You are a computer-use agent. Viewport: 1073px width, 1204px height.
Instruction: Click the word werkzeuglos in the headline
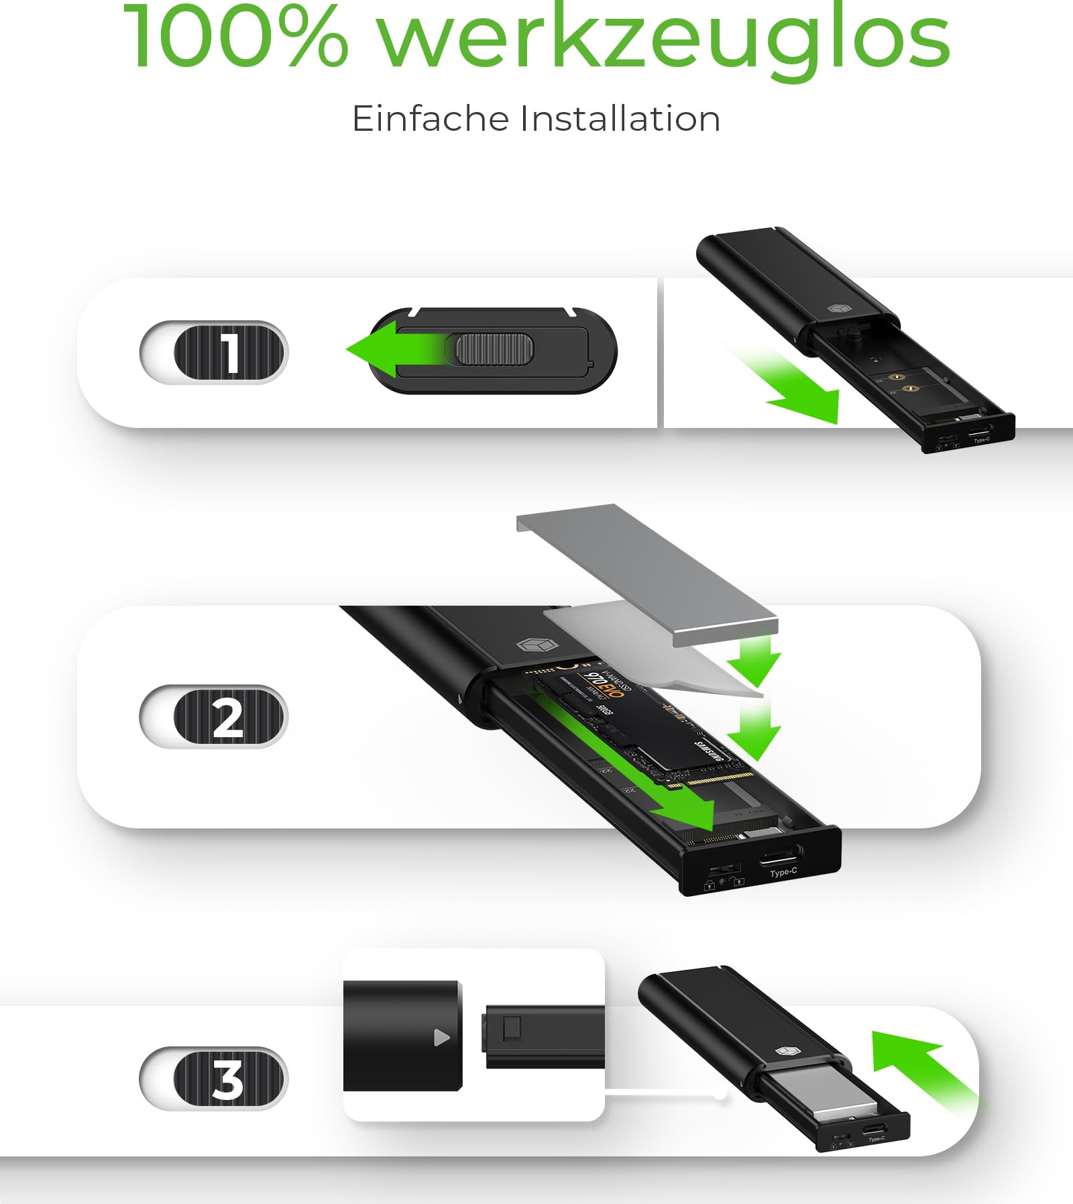664,37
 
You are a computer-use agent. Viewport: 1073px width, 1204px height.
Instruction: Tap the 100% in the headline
235,37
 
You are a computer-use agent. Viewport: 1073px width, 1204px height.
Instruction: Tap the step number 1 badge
213,352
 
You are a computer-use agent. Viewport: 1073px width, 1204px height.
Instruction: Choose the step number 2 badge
213,716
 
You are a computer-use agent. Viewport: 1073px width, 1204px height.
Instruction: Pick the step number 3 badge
213,1078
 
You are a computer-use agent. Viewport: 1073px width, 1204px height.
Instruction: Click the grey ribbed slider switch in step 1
494,349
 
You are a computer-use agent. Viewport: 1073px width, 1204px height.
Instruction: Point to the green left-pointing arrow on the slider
389,349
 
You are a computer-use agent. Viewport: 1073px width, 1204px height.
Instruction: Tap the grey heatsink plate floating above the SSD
647,573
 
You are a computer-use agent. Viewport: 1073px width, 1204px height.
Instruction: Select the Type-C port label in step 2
783,872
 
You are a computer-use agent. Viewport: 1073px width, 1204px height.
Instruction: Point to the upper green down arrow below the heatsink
754,661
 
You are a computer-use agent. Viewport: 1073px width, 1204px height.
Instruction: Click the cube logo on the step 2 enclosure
537,645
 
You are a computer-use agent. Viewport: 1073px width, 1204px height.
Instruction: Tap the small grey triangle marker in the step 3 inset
441,1038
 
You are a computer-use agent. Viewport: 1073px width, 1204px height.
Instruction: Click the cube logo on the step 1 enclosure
838,309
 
